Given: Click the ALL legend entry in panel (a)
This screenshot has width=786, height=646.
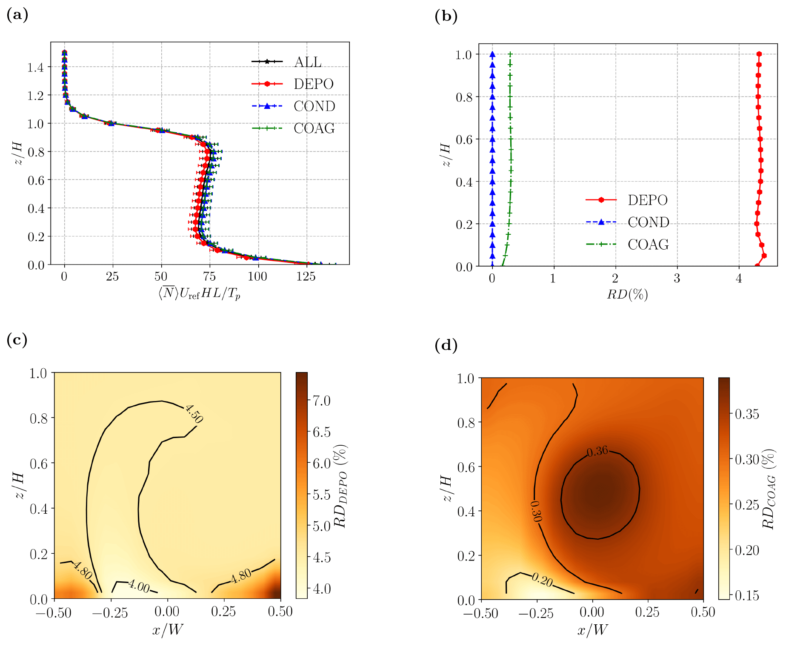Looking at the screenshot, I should point(308,62).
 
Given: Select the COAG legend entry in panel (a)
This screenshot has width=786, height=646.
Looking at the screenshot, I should point(314,128).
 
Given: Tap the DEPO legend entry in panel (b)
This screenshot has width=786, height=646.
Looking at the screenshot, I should point(647,200).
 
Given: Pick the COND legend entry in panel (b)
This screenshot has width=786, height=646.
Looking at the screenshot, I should point(648,222).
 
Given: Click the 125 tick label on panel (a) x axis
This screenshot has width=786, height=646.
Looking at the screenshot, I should point(306,277).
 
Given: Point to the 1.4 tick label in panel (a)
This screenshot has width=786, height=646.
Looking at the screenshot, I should point(36,67).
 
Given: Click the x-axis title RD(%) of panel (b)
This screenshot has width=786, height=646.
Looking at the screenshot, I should point(627,294).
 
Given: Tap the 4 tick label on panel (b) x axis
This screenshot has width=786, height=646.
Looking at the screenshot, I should point(739,279).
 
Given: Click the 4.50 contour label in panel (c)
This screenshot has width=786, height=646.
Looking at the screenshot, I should point(194,413).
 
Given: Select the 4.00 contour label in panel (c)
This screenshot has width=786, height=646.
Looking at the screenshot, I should point(139,586).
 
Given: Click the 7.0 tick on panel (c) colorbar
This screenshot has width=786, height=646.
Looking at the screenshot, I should point(322,401).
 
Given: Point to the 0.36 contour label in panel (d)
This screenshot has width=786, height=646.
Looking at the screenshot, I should point(597,451).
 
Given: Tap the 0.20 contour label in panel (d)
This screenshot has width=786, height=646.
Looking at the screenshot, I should point(542,579).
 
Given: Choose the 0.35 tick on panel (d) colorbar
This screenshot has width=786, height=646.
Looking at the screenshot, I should point(747,414).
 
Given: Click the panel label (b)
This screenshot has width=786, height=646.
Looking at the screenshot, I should point(446,16).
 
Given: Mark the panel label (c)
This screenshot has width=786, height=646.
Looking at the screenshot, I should point(17,340).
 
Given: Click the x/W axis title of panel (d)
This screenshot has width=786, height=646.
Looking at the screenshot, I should point(592,630).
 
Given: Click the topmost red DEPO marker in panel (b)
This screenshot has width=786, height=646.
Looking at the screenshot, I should point(759,54).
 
